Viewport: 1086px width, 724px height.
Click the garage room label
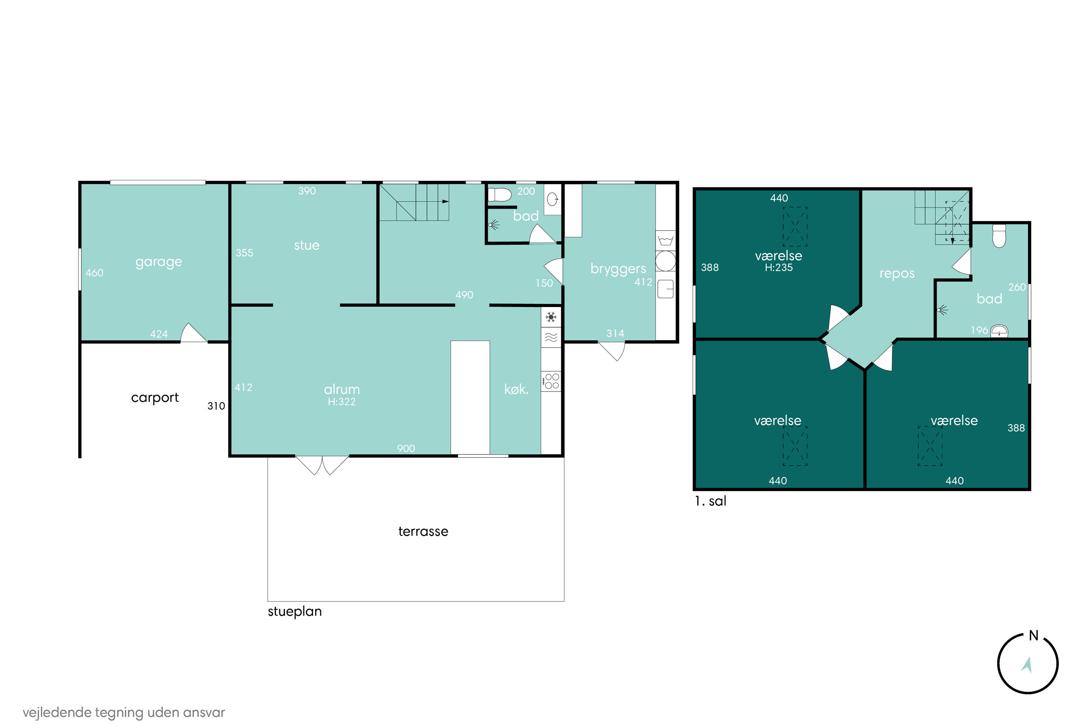159,262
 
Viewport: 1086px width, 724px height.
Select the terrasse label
423,531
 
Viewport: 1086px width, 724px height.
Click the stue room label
307,245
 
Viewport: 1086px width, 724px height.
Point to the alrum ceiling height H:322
342,402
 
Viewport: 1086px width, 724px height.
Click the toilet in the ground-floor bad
500,195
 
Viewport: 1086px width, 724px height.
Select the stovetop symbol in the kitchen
551,382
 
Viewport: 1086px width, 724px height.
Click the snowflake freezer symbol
551,317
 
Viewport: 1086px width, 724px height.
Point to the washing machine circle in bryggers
665,261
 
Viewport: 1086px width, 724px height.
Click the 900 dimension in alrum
406,449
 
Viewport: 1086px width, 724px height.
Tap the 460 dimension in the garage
94,273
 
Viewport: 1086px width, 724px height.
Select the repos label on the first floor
897,273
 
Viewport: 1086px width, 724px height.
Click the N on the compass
1034,636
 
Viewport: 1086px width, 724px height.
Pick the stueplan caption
295,611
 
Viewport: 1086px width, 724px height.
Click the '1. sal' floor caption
710,501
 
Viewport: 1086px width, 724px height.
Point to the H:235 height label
779,268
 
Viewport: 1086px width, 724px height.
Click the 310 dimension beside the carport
216,406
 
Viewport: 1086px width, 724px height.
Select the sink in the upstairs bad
999,331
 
